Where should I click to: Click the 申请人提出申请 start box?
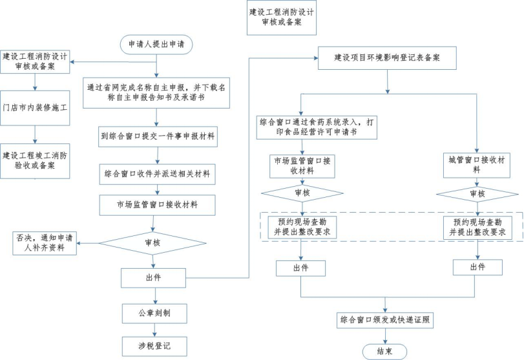(156, 44)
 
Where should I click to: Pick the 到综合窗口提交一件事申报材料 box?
(158, 137)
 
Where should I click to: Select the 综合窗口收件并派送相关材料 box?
(158, 173)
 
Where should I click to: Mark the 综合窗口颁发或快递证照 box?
(386, 320)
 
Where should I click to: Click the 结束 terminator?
(386, 351)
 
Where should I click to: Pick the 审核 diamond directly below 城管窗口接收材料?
(477, 194)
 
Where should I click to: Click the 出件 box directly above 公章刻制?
(153, 277)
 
